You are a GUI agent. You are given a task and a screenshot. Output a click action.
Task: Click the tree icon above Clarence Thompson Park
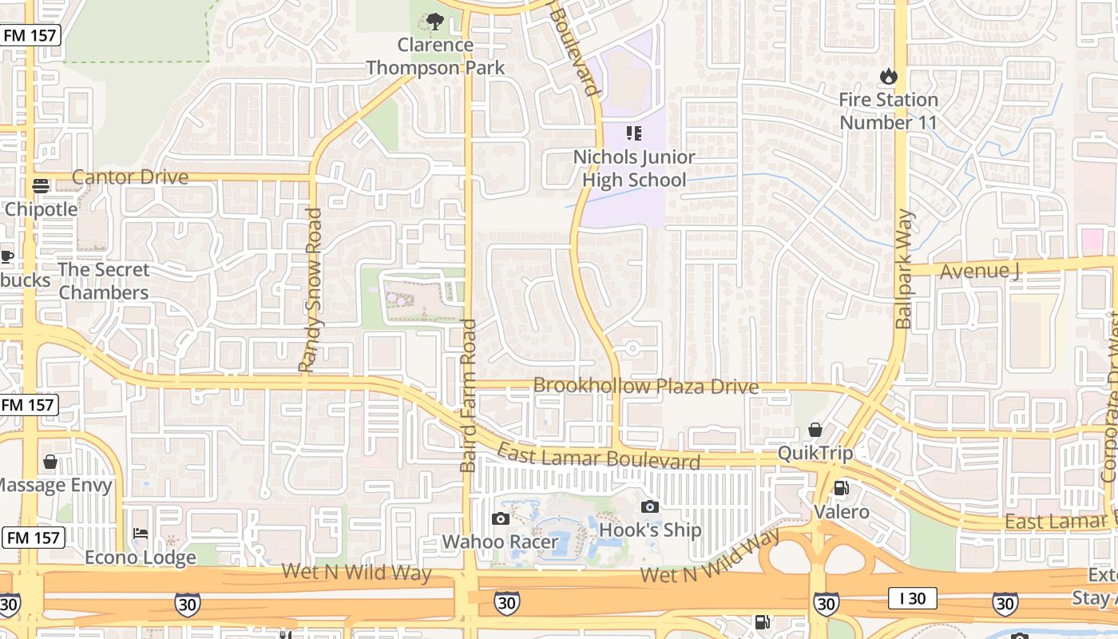coord(435,22)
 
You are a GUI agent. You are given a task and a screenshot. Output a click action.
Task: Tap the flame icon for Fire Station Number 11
coord(887,77)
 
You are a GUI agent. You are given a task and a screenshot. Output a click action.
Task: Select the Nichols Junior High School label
coord(634,169)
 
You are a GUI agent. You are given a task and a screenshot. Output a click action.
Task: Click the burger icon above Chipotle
coord(41,186)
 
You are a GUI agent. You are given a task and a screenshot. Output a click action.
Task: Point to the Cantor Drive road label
coord(130,177)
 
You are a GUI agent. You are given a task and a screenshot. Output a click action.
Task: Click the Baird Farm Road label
coord(468,395)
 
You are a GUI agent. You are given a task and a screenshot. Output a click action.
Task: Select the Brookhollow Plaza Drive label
coord(645,387)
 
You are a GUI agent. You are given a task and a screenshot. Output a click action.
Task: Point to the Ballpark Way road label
coord(903,269)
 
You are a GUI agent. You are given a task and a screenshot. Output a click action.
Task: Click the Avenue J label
coord(980,271)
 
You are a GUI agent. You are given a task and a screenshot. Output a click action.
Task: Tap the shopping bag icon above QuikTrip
coord(815,430)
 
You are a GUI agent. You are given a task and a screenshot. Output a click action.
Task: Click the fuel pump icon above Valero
coord(841,487)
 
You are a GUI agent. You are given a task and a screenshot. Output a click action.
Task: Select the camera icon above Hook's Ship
coord(650,506)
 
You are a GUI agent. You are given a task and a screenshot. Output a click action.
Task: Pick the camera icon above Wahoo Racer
coord(501,519)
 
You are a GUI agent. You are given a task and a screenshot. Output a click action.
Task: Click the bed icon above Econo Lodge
coord(141,533)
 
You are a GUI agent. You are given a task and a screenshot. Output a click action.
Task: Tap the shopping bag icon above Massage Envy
coord(50,462)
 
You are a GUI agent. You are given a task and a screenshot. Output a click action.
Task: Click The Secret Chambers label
coord(104,281)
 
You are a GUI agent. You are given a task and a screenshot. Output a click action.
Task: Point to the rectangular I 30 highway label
coord(912,597)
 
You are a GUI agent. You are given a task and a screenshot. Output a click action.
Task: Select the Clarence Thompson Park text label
coord(435,56)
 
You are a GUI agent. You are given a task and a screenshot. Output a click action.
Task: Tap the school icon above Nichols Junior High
coord(634,133)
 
